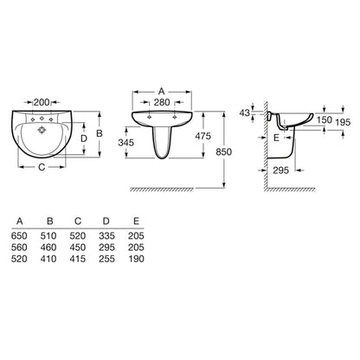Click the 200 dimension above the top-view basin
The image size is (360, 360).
coord(42,102)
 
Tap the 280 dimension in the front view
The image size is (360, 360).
coord(162,102)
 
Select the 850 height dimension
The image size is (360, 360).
coord(224,151)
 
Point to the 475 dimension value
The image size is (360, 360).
coord(203,136)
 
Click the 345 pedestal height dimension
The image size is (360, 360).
coord(126,142)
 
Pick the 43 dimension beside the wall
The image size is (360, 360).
coord(245,112)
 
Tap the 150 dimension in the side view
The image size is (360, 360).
coord(325,119)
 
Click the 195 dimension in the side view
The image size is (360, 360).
coord(343,122)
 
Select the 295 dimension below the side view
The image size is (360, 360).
coord(280,170)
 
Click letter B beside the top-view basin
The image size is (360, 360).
coord(100,133)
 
